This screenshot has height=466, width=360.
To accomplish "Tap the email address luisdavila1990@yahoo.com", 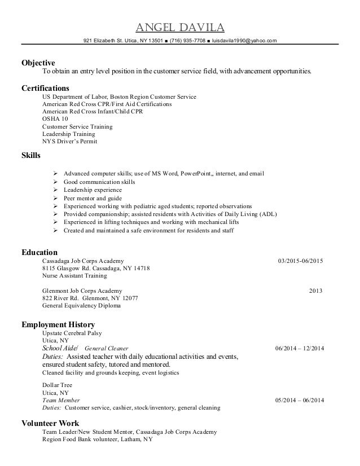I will coord(244,41).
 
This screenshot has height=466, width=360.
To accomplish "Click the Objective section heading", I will coord(38,63).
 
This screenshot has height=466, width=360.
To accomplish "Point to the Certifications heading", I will coord(45,88).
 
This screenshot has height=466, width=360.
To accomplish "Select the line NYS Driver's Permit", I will coord(69,142).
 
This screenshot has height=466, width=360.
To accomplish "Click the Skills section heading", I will coord(30,155).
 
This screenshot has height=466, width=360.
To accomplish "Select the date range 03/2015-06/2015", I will coord(301,261).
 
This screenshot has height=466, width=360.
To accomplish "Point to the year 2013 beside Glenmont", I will coord(316,291).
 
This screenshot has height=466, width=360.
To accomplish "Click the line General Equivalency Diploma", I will coord(81,306).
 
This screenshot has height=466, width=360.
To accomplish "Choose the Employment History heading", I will coord(58,325).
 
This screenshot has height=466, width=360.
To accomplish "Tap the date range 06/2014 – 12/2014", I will coord(300,349).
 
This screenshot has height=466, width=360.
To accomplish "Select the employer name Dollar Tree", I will coord(57,385).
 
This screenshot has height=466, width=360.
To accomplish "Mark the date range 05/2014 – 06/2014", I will coord(300,400).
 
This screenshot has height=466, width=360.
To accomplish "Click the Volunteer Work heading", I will coord(50,423).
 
